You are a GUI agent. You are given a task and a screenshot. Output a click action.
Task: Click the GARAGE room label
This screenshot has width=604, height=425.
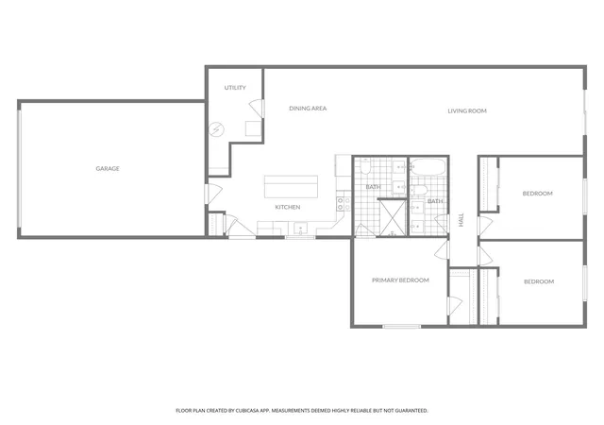(x=108, y=168)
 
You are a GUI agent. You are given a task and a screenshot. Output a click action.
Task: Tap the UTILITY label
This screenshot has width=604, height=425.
(x=235, y=88)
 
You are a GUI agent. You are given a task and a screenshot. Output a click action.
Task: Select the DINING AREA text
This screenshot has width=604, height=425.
(x=308, y=109)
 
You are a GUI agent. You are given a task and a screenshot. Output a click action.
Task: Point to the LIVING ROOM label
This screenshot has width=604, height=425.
(x=467, y=110)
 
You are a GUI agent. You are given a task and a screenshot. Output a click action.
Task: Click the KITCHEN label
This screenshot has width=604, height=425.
(x=288, y=207)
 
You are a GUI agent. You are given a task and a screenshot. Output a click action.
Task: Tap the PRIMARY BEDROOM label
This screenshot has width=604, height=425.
(x=400, y=280)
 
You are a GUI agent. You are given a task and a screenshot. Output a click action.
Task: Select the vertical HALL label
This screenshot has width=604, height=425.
(x=461, y=220)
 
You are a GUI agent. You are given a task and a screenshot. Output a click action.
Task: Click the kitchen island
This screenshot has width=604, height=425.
(x=292, y=187)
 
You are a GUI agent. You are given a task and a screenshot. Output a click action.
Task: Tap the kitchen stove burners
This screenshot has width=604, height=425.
(x=344, y=204)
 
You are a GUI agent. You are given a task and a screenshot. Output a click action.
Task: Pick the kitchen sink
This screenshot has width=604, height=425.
(x=301, y=229)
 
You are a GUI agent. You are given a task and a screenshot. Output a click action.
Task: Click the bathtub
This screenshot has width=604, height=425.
(x=428, y=167)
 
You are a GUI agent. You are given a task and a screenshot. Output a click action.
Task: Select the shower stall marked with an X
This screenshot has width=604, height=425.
(x=393, y=218)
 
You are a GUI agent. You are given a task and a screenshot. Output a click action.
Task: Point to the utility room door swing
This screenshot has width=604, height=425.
(x=257, y=109)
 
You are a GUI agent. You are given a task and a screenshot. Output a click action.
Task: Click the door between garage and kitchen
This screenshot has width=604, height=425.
(x=213, y=194)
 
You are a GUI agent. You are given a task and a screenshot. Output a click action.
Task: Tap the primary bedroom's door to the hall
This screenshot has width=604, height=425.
(x=443, y=249)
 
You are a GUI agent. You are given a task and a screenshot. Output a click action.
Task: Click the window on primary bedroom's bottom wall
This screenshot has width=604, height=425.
(x=402, y=327)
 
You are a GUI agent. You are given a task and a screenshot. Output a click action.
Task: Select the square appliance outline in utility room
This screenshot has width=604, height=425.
(x=253, y=128)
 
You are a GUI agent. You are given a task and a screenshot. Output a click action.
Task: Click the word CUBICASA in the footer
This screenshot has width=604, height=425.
(x=246, y=411)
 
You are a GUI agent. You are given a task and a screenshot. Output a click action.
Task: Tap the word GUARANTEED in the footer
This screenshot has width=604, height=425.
(x=412, y=411)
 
